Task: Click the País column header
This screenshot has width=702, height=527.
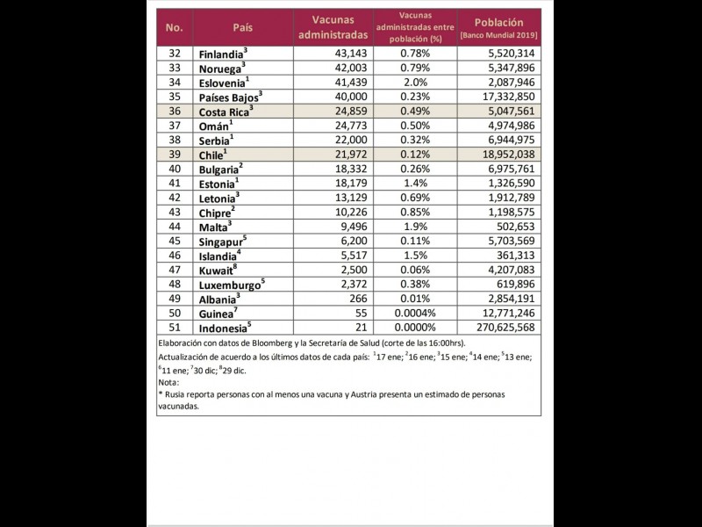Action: (x=242, y=26)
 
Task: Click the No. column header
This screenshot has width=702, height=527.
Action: (x=174, y=26)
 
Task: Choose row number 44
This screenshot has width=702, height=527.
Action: (x=174, y=226)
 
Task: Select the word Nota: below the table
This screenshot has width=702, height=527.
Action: (x=168, y=382)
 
